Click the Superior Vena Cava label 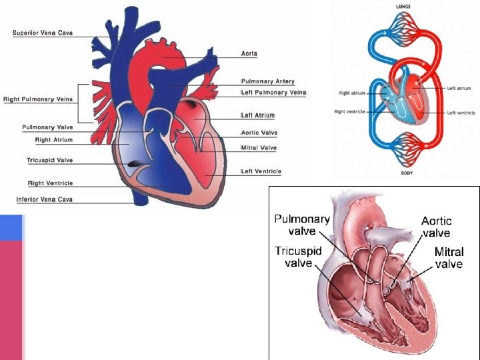point(42,33)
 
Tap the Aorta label point(249,53)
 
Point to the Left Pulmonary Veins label point(273,93)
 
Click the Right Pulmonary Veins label point(38,100)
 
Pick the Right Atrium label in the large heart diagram point(53,140)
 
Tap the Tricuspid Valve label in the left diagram point(50,161)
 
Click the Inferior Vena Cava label point(45,199)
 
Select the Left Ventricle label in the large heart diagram point(261,171)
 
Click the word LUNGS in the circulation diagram point(403,6)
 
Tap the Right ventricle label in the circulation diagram point(349,112)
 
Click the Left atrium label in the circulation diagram point(459,88)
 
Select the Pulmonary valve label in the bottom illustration point(302,225)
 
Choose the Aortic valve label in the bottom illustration point(436,227)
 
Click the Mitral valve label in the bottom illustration point(449,258)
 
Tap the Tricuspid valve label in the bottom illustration point(299,257)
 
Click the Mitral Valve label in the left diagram point(259,148)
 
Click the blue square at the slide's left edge point(11,227)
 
